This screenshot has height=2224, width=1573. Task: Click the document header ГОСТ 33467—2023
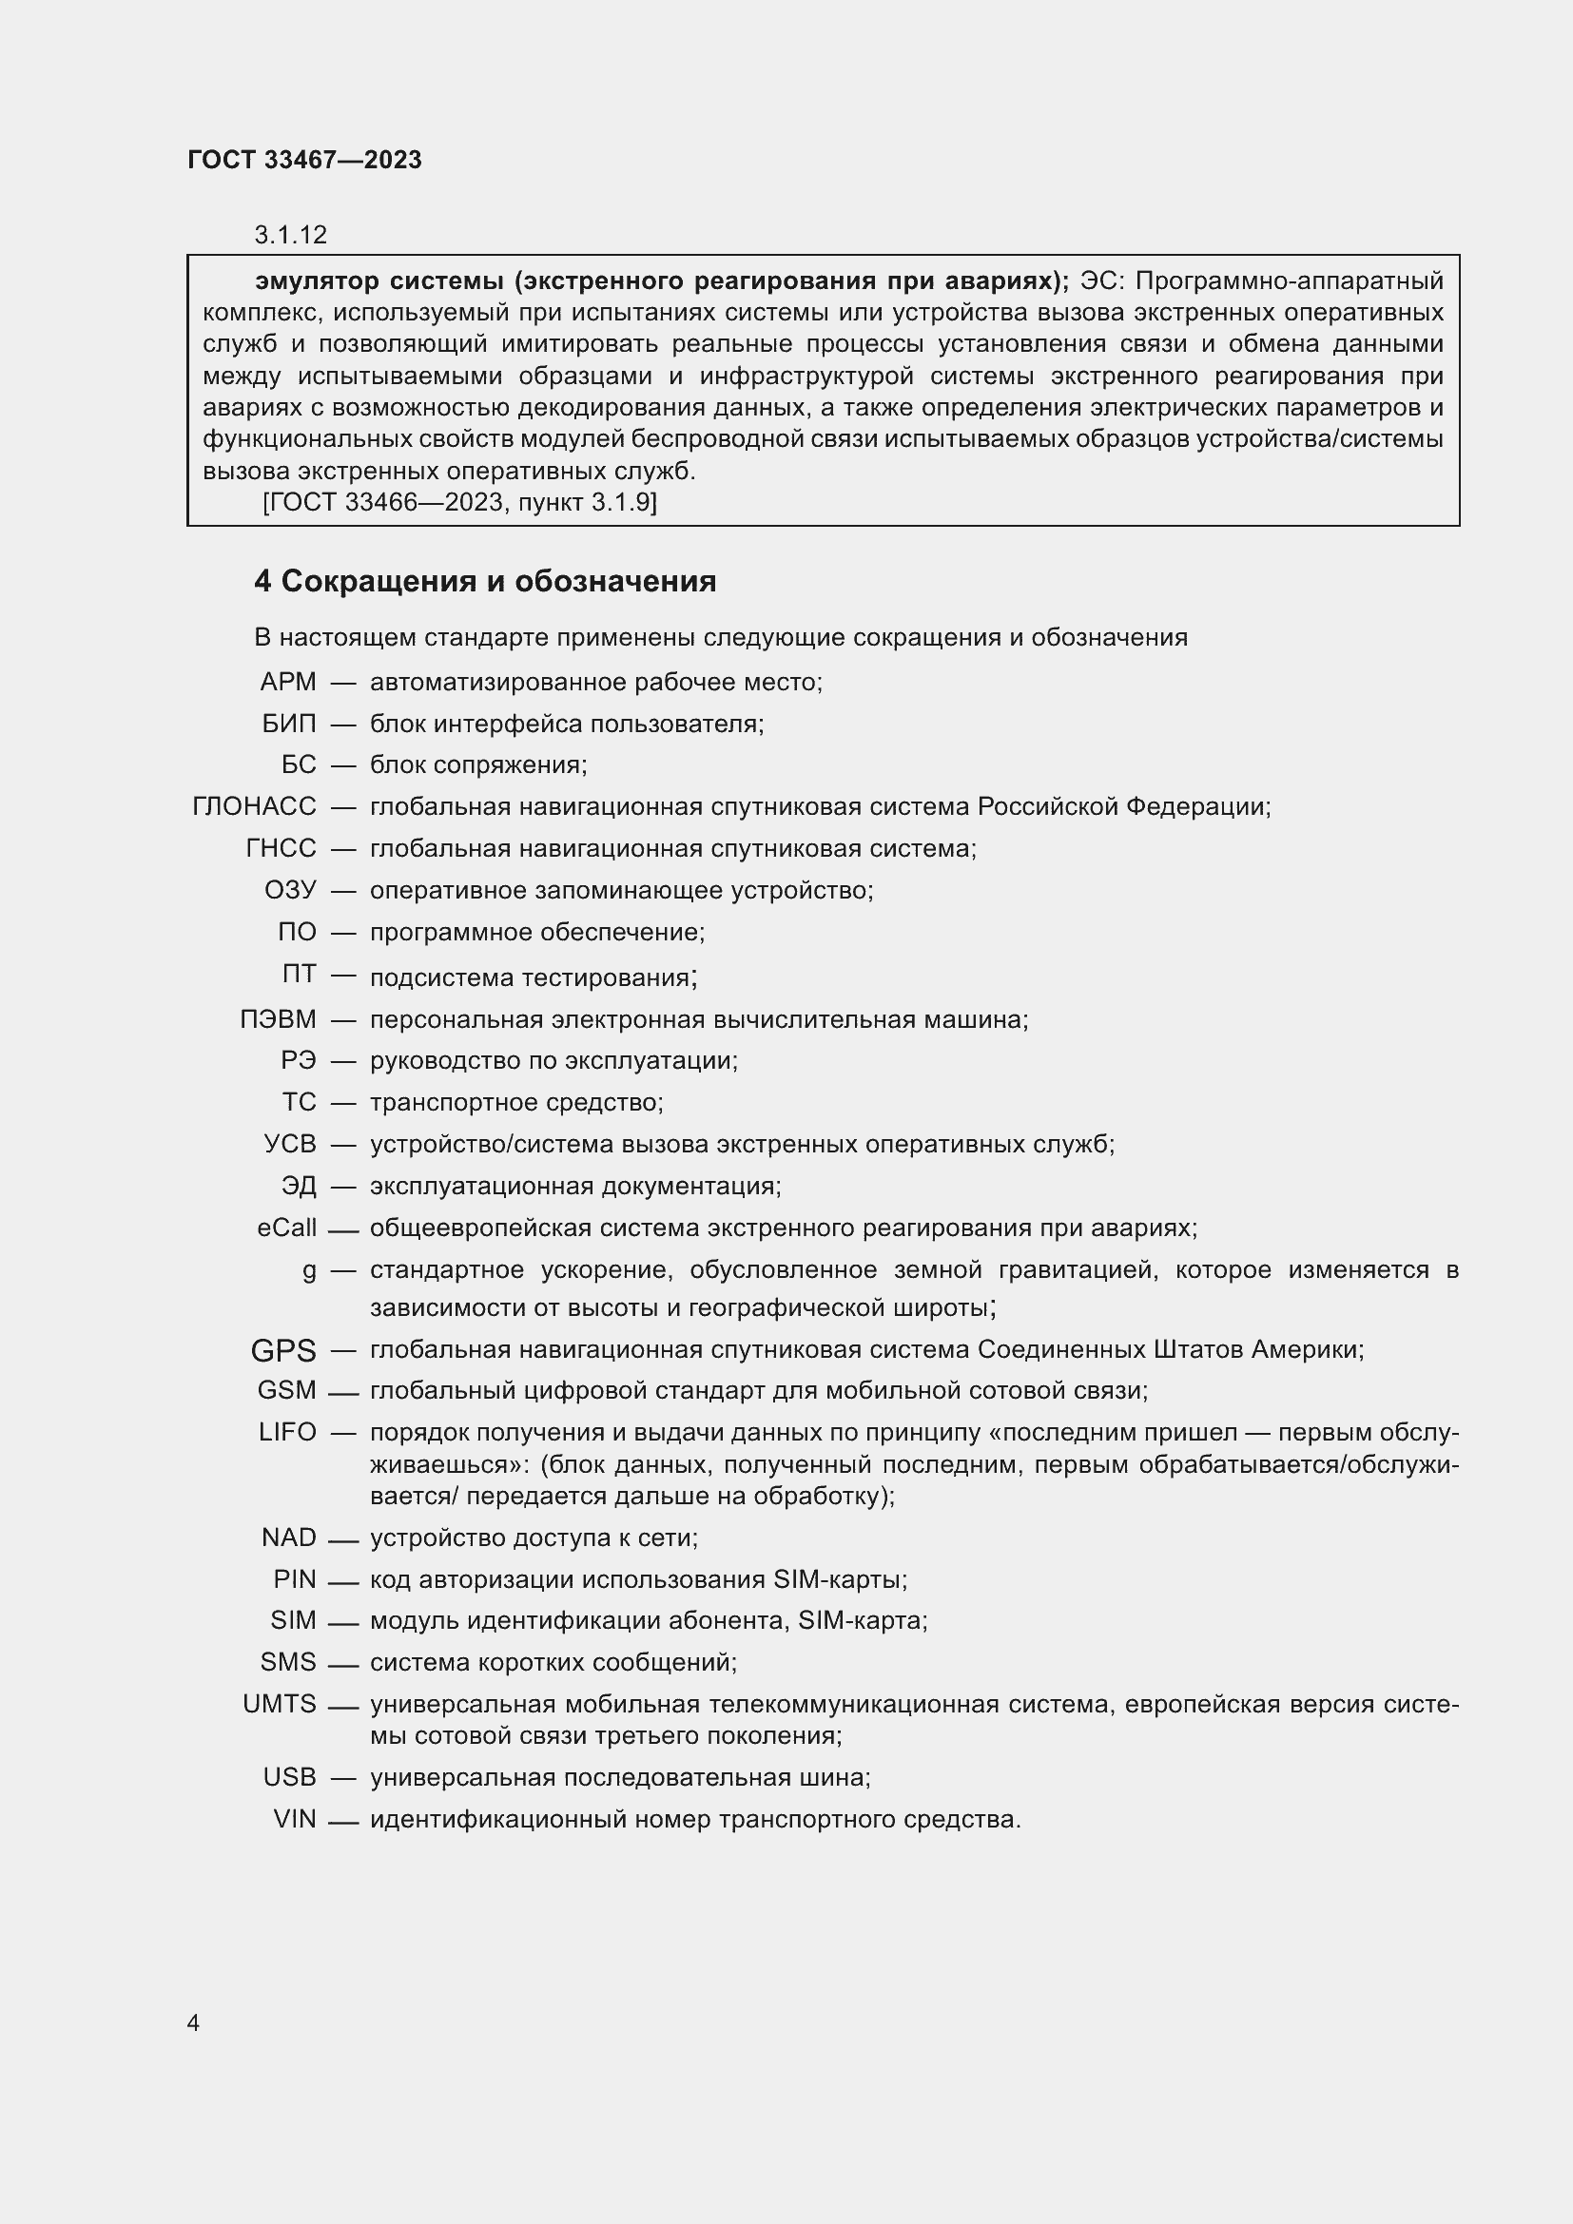[x=304, y=160]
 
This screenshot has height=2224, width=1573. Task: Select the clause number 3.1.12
[x=291, y=235]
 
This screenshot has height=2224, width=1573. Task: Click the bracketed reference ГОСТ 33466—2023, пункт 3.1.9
[x=459, y=502]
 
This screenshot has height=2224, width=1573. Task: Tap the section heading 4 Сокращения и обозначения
[x=484, y=581]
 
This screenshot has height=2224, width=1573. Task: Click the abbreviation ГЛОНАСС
[x=254, y=806]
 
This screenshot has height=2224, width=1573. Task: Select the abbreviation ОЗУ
[x=290, y=889]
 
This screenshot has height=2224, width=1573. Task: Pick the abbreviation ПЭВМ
[x=278, y=1019]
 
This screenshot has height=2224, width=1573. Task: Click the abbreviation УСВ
[x=290, y=1144]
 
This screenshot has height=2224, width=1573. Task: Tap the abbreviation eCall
[x=286, y=1228]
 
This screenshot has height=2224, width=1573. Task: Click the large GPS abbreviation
[x=282, y=1349]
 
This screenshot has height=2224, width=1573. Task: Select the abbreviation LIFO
[x=286, y=1432]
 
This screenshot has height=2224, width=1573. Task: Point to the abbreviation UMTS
[x=279, y=1703]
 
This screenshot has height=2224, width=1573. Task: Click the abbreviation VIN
[x=295, y=1819]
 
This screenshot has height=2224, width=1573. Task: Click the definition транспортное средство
[x=515, y=1102]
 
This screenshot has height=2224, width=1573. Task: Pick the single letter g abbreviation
[x=309, y=1270]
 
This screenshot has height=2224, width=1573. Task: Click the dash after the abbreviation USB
[x=344, y=1777]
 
